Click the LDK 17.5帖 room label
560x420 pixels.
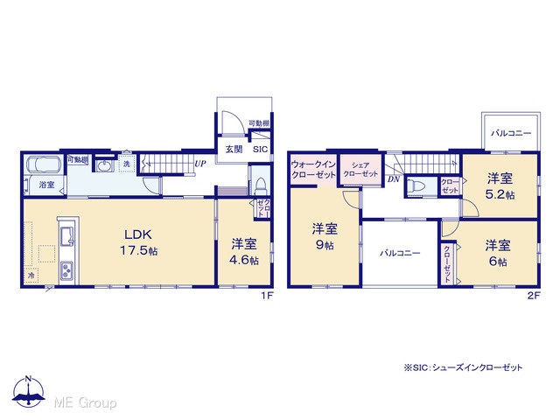(x=138, y=242)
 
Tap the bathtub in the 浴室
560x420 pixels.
(x=45, y=165)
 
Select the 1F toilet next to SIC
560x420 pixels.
(x=261, y=185)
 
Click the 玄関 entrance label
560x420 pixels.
(x=234, y=150)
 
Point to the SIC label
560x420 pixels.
(x=260, y=150)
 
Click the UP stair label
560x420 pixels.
(x=200, y=164)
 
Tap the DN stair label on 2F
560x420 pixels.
(x=394, y=179)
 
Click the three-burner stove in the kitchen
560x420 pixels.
(x=67, y=270)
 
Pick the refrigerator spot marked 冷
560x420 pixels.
(x=31, y=276)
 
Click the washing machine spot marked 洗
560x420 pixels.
(x=127, y=164)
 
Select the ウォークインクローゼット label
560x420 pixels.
(x=313, y=170)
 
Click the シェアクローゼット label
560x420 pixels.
(x=360, y=170)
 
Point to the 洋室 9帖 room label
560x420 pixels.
(x=325, y=236)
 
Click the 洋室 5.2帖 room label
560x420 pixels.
(x=500, y=186)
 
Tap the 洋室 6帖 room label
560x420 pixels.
(x=498, y=253)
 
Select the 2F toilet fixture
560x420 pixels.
(x=415, y=186)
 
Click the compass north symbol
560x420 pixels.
(x=29, y=391)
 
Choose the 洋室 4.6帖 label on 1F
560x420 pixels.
(x=244, y=251)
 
